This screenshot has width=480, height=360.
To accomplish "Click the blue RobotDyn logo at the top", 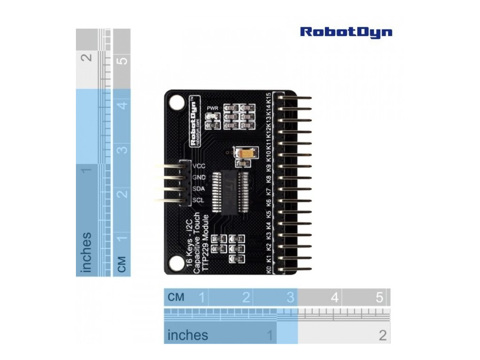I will pos(346,32).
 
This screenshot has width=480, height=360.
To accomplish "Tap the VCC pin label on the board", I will pos(199,166).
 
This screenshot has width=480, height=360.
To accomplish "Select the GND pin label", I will pos(199,178).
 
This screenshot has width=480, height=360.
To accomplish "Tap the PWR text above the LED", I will pos(213,107).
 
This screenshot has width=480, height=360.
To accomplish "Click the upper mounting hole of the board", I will pos(177,102).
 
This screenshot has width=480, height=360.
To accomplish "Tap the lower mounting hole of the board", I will pos(177,263).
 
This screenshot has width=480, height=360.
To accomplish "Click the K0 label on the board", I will pos(268,270).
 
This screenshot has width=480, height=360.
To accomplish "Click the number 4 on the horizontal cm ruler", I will pos(335,297).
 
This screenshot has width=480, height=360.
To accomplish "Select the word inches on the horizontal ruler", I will pos(187,335).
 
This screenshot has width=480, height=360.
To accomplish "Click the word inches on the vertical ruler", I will pos(86,252).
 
